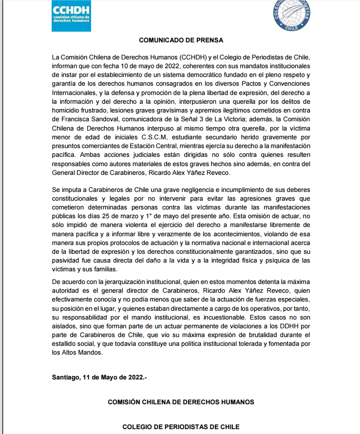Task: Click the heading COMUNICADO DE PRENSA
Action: (x=181, y=40)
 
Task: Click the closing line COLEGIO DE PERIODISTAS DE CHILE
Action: (x=181, y=427)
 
